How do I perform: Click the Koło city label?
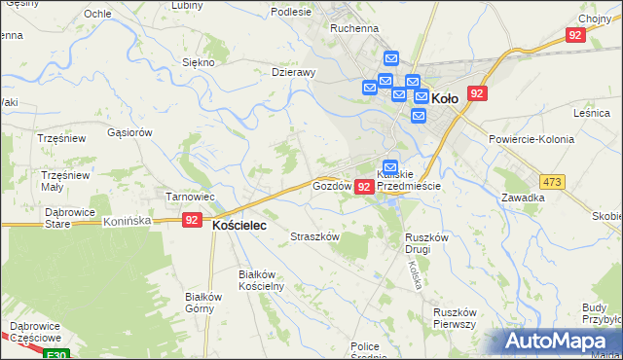445,98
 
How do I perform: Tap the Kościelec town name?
239,223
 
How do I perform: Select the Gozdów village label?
331,185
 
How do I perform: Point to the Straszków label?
315,236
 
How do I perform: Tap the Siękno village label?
199,62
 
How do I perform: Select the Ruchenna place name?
354,29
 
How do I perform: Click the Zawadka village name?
523,197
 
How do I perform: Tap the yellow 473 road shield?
553,181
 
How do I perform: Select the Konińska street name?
128,221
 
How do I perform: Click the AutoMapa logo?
558,341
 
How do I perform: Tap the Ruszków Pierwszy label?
454,318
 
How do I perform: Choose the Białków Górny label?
205,303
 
